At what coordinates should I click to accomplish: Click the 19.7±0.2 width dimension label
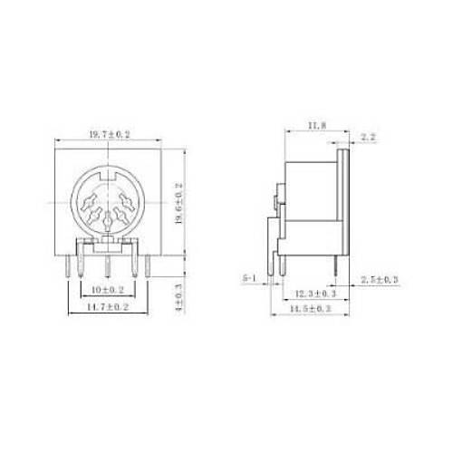tap(109, 134)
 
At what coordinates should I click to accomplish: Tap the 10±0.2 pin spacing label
tap(109, 289)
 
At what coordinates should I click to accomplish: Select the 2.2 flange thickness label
tap(368, 137)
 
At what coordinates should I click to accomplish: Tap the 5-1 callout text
tap(251, 277)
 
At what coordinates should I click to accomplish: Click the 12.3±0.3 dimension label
tap(315, 294)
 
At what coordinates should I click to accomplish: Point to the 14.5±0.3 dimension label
tap(311, 309)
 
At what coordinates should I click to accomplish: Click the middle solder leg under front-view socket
tap(109, 267)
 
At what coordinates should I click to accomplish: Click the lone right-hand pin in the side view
tap(339, 265)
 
